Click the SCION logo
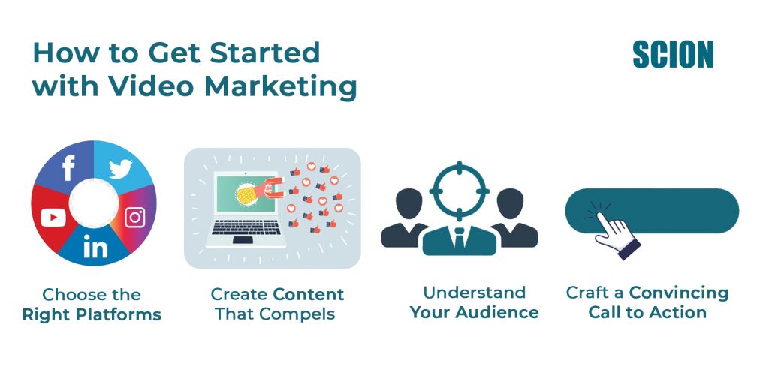tap(673, 55)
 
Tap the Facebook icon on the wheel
tap(68, 167)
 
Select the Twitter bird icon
tap(121, 169)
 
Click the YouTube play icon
tap(53, 218)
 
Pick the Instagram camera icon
tap(135, 218)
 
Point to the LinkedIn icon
tap(95, 247)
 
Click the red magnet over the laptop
tap(274, 188)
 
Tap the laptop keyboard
tap(246, 227)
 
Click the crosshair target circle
tap(459, 191)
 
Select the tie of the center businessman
tap(459, 238)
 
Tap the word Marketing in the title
tap(280, 87)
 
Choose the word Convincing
tap(679, 293)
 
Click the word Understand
tap(475, 293)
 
